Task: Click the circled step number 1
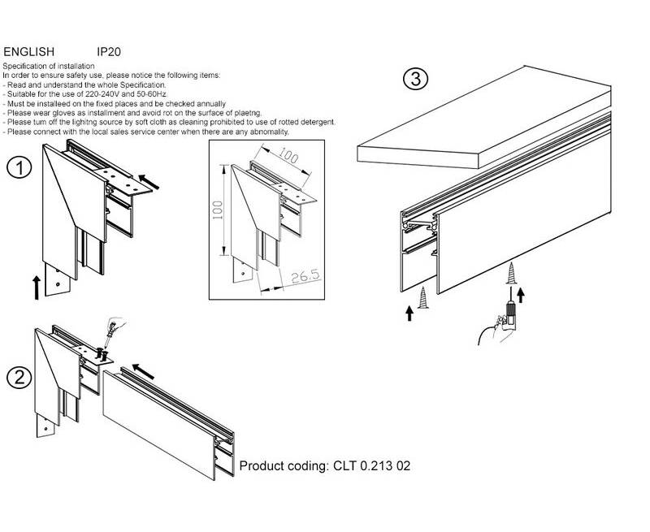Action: click(19, 169)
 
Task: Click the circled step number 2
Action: click(19, 378)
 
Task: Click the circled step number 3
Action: click(415, 79)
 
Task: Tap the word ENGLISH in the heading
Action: click(28, 52)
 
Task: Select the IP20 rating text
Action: click(109, 52)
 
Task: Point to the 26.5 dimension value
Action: click(305, 276)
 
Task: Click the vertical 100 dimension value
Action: click(218, 210)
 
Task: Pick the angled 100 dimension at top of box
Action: click(288, 155)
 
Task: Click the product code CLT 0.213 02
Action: click(372, 465)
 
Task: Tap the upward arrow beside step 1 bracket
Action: click(37, 288)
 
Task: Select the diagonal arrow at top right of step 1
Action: click(149, 182)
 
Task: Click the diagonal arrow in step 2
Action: click(143, 371)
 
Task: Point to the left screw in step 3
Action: click(422, 297)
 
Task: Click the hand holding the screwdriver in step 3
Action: click(497, 330)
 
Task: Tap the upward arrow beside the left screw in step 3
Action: click(409, 314)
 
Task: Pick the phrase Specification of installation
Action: click(49, 66)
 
